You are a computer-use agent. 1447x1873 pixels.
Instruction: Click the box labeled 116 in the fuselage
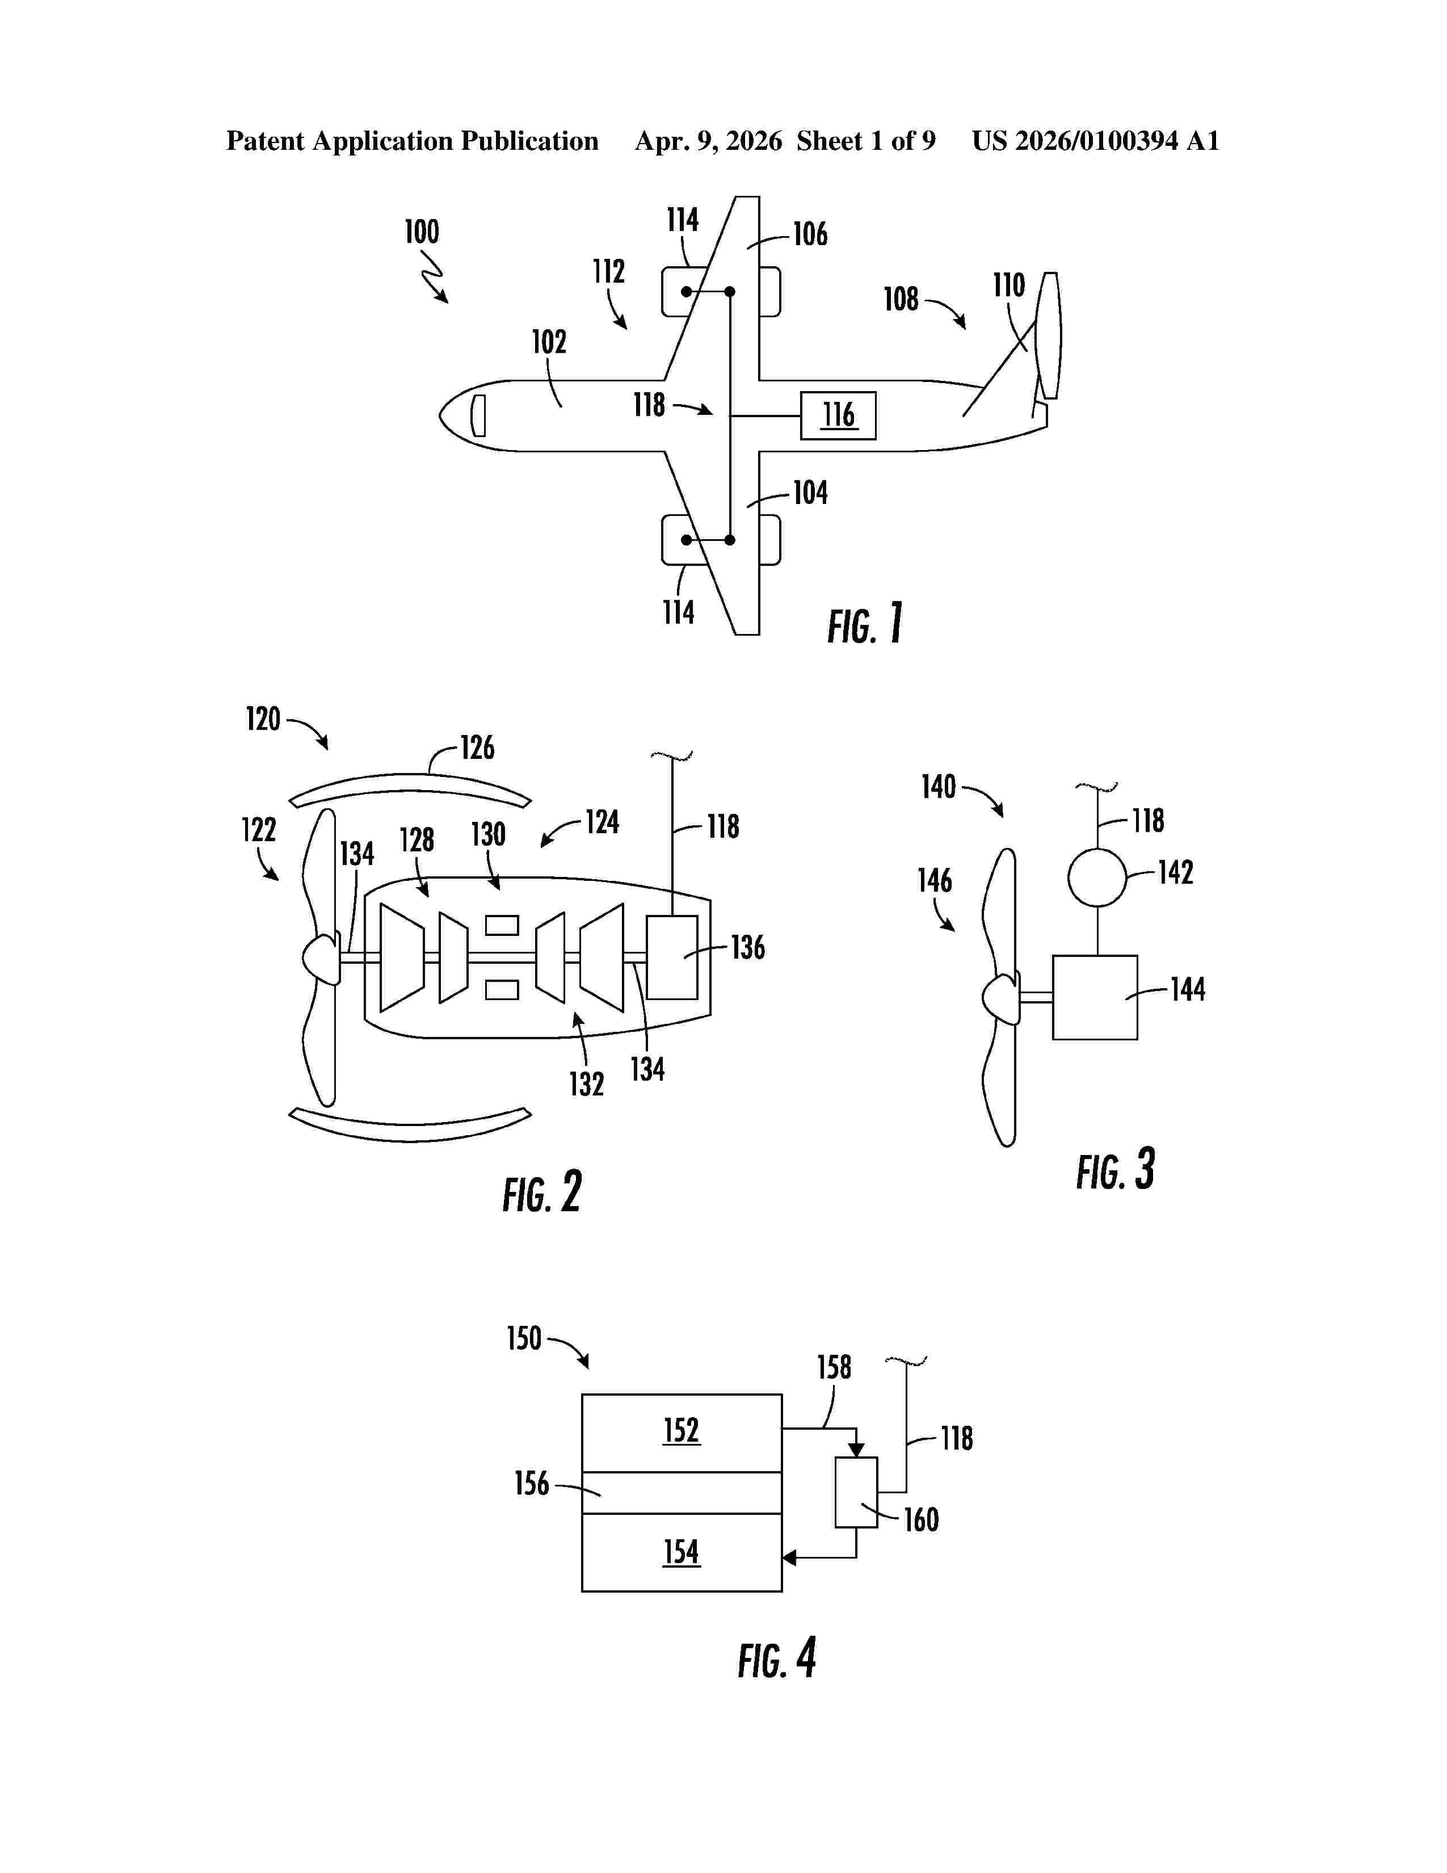(x=838, y=416)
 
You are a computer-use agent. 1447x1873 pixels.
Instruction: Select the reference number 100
(x=422, y=232)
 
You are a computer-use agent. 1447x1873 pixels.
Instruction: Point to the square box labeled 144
(x=1095, y=997)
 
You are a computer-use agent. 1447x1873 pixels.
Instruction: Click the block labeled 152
(x=682, y=1433)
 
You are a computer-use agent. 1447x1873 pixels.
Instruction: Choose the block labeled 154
(x=682, y=1552)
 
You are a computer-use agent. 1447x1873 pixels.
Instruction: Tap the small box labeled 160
(x=856, y=1492)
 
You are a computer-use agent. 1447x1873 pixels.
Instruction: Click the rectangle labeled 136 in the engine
(x=672, y=957)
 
